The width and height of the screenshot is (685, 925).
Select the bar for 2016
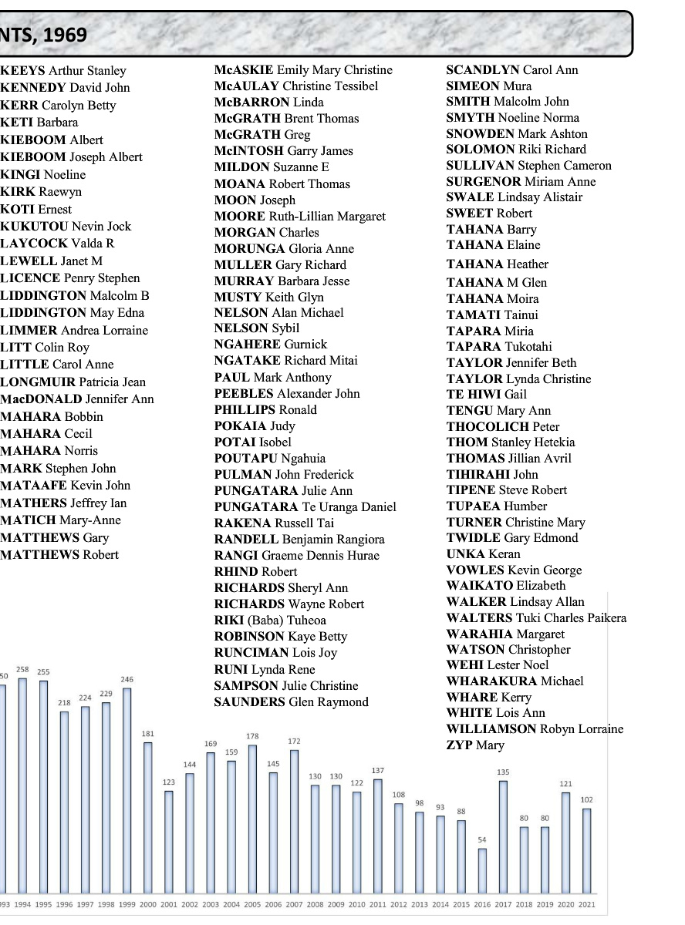pyautogui.click(x=482, y=871)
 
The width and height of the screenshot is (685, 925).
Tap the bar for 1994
pyautogui.click(x=23, y=786)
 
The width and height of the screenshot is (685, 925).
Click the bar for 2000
pyautogui.click(x=148, y=817)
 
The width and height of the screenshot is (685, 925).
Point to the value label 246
pyautogui.click(x=127, y=679)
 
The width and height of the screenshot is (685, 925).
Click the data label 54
pyautogui.click(x=482, y=839)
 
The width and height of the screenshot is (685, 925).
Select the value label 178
pyautogui.click(x=252, y=736)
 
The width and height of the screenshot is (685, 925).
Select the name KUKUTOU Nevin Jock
pyautogui.click(x=66, y=227)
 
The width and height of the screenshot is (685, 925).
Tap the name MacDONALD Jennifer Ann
pyautogui.click(x=77, y=399)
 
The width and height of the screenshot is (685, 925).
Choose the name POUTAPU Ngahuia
pyautogui.click(x=270, y=459)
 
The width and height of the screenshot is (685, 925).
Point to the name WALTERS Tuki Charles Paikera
pyautogui.click(x=536, y=618)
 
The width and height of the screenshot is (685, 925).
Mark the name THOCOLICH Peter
pyautogui.click(x=503, y=427)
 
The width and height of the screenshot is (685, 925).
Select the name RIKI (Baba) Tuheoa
pyautogui.click(x=270, y=621)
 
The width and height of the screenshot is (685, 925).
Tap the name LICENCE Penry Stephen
pyautogui.click(x=70, y=278)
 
